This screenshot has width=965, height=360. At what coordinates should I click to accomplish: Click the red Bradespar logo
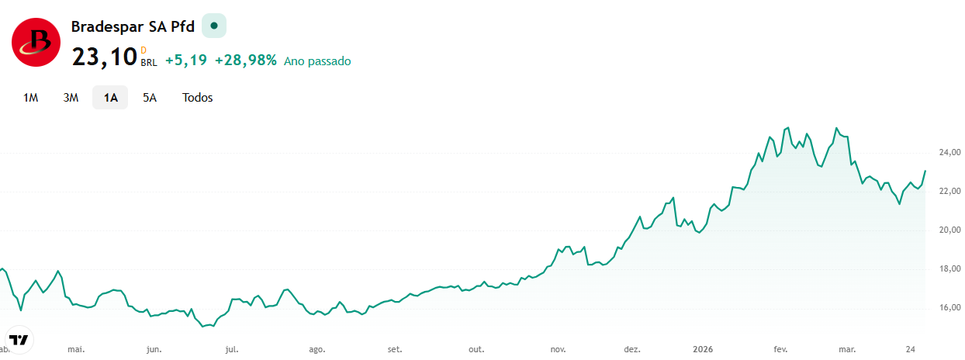click(36, 42)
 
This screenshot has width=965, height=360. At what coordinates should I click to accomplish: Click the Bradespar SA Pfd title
click(133, 26)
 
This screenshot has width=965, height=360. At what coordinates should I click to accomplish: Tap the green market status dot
click(214, 26)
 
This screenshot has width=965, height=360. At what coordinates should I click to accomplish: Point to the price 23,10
click(104, 57)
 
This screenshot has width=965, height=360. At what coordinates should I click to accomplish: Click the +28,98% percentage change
click(246, 61)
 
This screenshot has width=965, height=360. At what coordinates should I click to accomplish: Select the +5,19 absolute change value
click(186, 61)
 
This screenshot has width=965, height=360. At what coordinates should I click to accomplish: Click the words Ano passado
click(317, 61)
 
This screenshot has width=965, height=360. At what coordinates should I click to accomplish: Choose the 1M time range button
click(30, 98)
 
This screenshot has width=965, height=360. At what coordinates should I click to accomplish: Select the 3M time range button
click(71, 98)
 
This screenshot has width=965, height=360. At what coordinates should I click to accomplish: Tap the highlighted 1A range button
click(110, 98)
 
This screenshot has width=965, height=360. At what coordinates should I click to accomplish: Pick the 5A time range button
click(150, 98)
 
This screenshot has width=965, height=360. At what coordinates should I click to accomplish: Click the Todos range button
click(197, 98)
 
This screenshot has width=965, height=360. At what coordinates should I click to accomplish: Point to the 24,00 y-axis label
click(950, 152)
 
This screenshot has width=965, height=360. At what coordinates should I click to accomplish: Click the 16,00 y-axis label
click(950, 307)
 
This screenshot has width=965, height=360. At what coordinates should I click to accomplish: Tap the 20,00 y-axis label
click(950, 230)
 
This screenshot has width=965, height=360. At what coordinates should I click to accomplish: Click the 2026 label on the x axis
click(703, 349)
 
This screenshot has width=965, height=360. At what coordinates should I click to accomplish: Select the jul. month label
click(232, 349)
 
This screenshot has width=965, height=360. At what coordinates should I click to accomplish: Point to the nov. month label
click(558, 349)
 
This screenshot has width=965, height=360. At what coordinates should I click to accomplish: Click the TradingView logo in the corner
click(19, 340)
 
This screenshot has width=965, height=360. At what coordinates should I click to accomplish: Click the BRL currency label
click(149, 63)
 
